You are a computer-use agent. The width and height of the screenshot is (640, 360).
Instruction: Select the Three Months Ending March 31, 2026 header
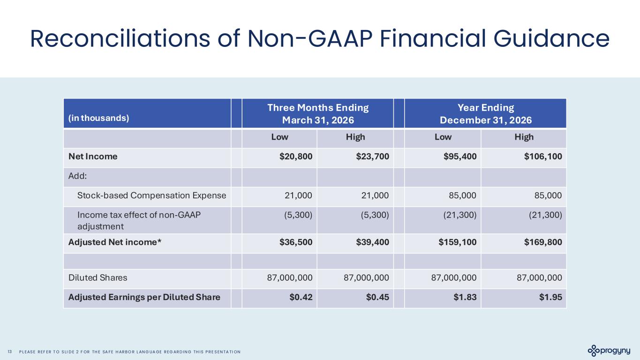click(x=317, y=113)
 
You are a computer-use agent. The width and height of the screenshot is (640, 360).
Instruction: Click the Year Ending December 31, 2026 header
click(x=485, y=113)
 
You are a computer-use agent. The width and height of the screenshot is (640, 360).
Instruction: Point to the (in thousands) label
click(x=98, y=118)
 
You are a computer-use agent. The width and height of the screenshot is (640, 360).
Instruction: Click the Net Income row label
click(x=93, y=157)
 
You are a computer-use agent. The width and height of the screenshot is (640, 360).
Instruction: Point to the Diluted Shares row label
click(x=98, y=277)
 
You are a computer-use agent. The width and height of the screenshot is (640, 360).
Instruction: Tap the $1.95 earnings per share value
click(x=550, y=297)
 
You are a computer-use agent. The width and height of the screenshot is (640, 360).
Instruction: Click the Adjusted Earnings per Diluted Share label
click(x=144, y=297)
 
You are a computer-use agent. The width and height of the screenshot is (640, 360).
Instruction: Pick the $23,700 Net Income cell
click(x=372, y=157)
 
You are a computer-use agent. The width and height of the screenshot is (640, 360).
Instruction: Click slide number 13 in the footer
click(x=10, y=352)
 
